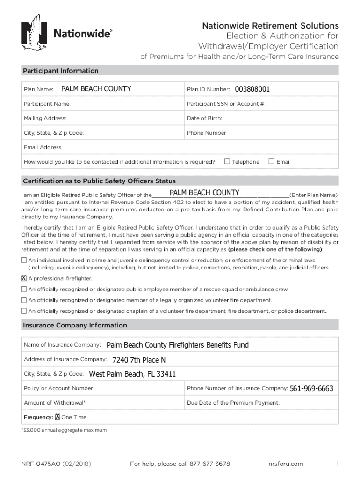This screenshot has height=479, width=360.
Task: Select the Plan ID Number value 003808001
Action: [252, 89]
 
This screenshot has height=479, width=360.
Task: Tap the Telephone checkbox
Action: [227, 161]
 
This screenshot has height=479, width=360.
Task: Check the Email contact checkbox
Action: [271, 161]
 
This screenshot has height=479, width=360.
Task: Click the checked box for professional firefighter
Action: [24, 278]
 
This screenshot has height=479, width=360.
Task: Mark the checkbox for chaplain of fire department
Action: [24, 311]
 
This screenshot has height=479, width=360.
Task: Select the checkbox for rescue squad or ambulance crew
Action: [24, 289]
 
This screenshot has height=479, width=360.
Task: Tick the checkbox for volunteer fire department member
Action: [24, 300]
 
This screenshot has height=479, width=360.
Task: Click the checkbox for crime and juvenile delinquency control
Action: [24, 260]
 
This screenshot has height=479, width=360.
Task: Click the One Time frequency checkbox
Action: [58, 417]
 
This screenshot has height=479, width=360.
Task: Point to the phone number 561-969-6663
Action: [311, 388]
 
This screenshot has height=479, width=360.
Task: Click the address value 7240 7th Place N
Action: [139, 360]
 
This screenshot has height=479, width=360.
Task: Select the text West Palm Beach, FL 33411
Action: [132, 374]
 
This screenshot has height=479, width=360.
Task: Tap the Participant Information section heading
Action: [61, 71]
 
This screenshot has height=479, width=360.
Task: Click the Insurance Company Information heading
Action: [75, 325]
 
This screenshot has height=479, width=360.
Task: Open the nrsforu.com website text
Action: [286, 464]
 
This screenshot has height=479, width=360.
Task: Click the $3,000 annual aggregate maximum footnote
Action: [65, 430]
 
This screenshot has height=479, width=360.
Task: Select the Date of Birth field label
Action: [204, 118]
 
